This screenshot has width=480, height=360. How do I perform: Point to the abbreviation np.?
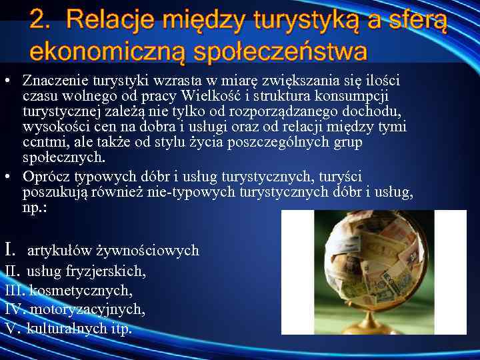point(34,207)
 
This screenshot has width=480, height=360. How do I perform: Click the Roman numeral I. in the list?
point(10,251)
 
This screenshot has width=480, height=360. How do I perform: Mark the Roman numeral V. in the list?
point(11,329)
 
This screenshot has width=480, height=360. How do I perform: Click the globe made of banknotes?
point(374,263)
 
